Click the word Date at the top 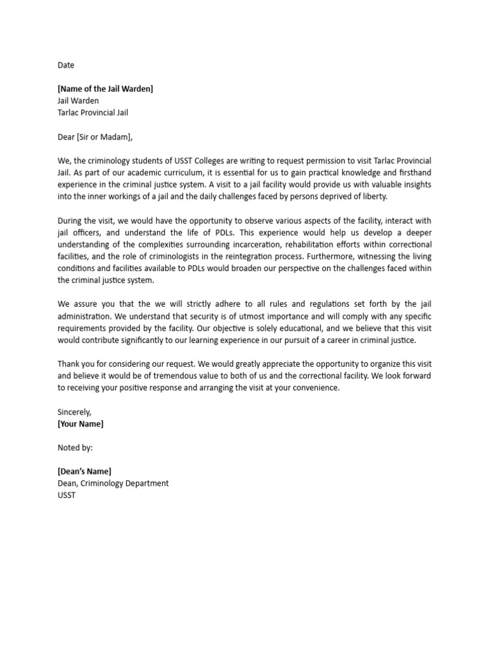(66, 65)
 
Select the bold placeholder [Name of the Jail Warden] (105, 89)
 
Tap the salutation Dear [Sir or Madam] (95, 136)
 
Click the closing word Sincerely (75, 412)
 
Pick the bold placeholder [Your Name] (80, 424)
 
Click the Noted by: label (75, 448)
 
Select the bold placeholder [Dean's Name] (84, 471)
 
